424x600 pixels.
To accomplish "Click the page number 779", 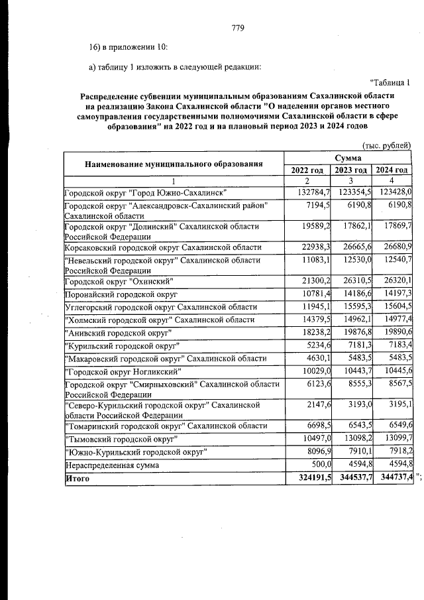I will point(238,28).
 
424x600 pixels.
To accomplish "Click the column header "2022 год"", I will point(307,170).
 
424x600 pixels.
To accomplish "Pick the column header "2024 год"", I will point(392,170).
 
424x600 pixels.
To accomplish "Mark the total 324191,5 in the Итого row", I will point(307,496).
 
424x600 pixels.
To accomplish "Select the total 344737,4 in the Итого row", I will point(392,496).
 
